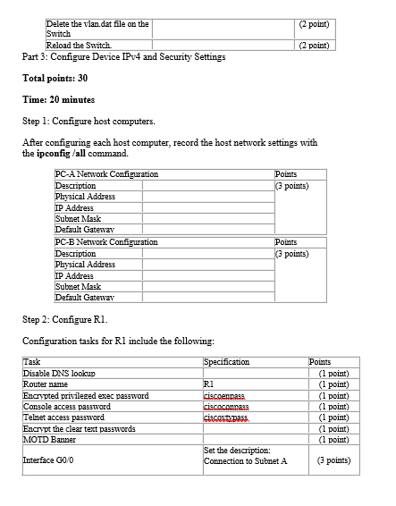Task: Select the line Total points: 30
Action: pyautogui.click(x=55, y=78)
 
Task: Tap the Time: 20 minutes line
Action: pyautogui.click(x=58, y=99)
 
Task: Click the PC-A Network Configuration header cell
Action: pyautogui.click(x=106, y=174)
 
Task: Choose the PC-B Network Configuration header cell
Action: pyautogui.click(x=106, y=242)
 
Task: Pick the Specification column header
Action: pyautogui.click(x=227, y=361)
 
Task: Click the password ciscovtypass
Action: pyautogui.click(x=226, y=417)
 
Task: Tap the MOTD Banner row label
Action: pyautogui.click(x=50, y=439)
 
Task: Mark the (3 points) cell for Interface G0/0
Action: pyautogui.click(x=333, y=461)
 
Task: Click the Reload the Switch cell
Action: pyautogui.click(x=79, y=45)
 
